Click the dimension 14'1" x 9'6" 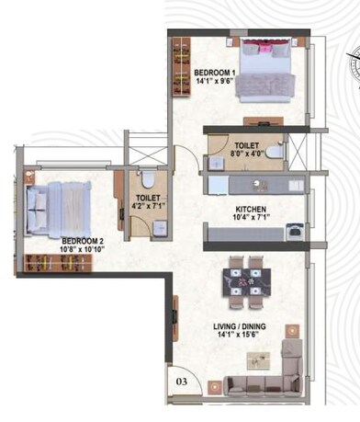(214, 81)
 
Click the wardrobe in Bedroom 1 (180, 69)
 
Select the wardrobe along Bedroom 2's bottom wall (63, 264)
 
